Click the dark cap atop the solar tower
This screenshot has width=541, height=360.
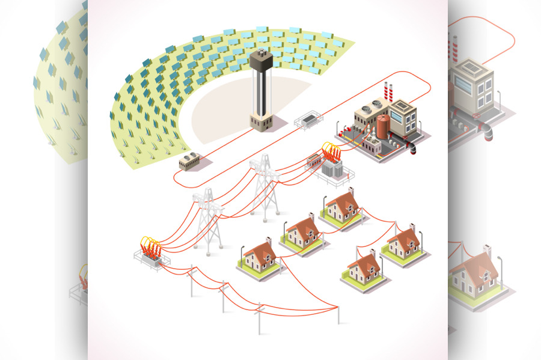click(261, 59)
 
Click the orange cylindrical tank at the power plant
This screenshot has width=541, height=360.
click(383, 126)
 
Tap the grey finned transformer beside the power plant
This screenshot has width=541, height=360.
click(330, 169)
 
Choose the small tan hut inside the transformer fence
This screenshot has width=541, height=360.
click(314, 161)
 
